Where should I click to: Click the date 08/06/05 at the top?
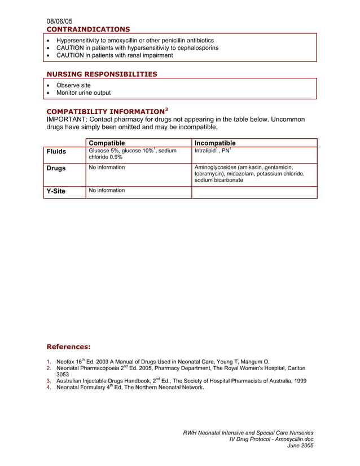click(x=59, y=21)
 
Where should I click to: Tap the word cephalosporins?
click(x=196, y=48)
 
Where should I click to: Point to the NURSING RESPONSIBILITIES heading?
click(x=102, y=74)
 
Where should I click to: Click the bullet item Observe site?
click(x=73, y=85)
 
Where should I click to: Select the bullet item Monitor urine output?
click(x=84, y=93)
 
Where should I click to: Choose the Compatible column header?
click(x=107, y=143)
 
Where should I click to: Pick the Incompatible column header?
click(x=215, y=143)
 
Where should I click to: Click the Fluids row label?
click(x=56, y=152)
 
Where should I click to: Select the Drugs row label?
click(x=56, y=168)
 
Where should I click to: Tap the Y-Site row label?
click(x=56, y=191)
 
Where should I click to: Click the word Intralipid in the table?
click(x=205, y=151)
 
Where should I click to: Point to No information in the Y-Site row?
click(x=107, y=191)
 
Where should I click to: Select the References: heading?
click(x=68, y=346)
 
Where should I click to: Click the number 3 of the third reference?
click(x=49, y=381)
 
